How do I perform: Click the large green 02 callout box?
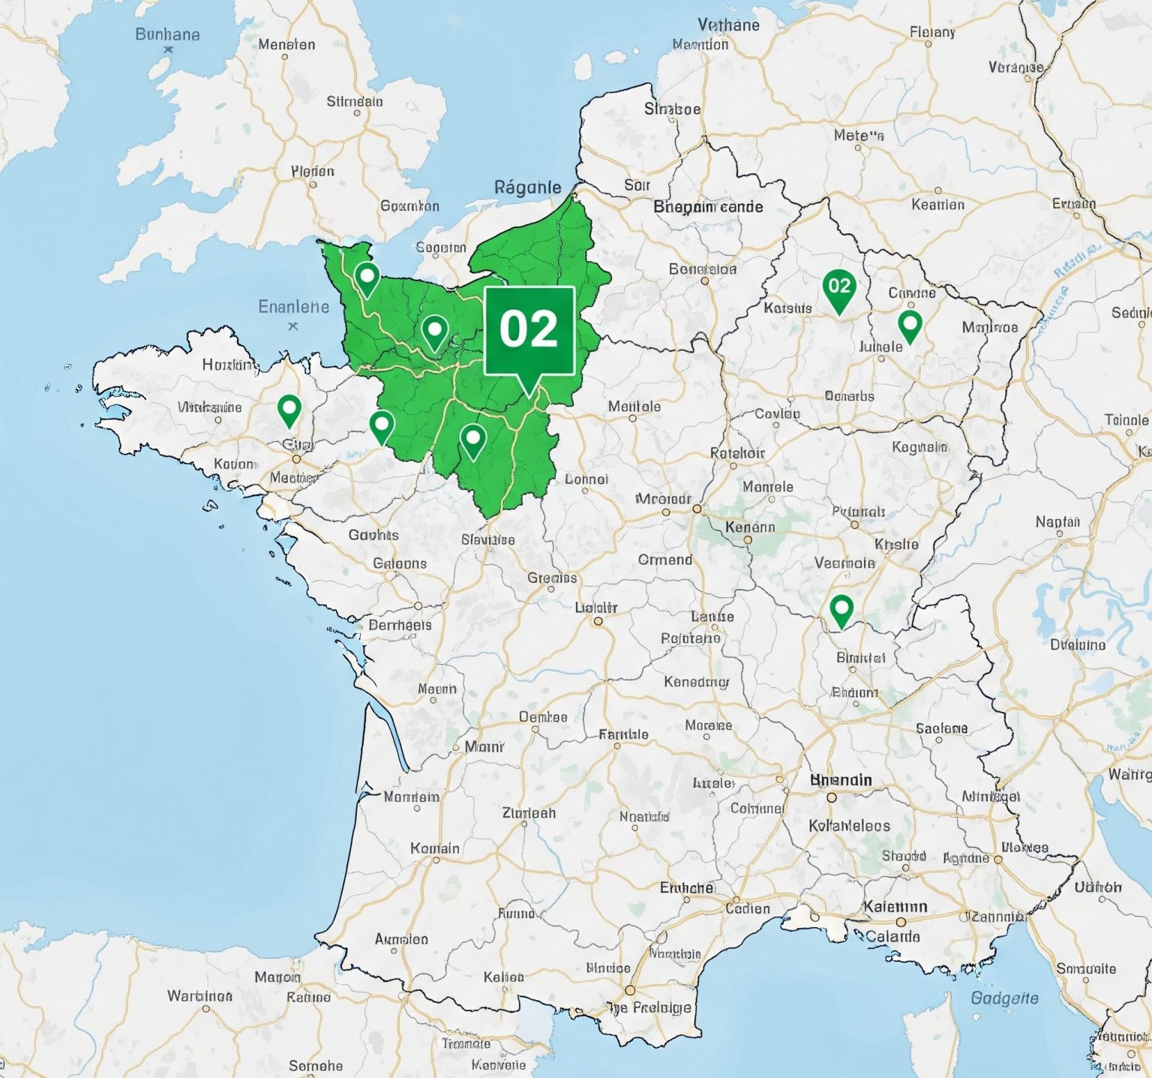(x=529, y=330)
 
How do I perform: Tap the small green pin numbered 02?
(x=838, y=287)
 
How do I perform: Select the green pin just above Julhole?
(x=910, y=326)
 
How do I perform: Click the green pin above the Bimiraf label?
(x=841, y=608)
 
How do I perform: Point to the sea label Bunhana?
(x=167, y=35)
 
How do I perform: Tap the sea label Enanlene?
(x=293, y=307)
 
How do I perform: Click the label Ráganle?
(x=527, y=188)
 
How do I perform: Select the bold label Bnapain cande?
(x=708, y=207)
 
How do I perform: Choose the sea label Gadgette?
(x=1004, y=998)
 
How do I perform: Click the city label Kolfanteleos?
(x=849, y=826)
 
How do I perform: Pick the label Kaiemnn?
(x=895, y=907)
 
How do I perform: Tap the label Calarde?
(x=892, y=936)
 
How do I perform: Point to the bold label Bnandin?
(x=841, y=780)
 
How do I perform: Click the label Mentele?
(x=634, y=407)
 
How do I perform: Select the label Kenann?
(x=750, y=527)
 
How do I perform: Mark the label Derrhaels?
(x=400, y=625)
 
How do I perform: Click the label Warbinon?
(x=199, y=996)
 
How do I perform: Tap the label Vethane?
(x=728, y=26)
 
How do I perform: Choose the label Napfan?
(x=1057, y=521)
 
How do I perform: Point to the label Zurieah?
(x=529, y=813)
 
